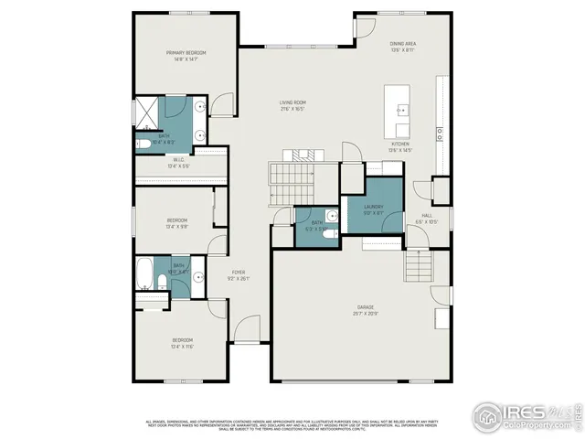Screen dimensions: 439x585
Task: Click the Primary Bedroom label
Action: point(186,53)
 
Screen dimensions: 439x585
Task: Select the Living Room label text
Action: point(292,102)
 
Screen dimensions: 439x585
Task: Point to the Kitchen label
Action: point(401,145)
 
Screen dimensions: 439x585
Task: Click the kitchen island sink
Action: point(400,110)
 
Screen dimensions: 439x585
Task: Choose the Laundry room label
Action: point(373,207)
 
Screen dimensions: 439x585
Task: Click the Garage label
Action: point(366,307)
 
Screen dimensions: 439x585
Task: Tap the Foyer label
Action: point(238,273)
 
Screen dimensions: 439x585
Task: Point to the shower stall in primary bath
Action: point(148,112)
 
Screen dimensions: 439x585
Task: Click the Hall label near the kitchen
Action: point(427,217)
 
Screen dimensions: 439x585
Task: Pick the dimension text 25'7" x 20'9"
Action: point(366,314)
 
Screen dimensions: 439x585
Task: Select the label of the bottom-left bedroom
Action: point(183,340)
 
